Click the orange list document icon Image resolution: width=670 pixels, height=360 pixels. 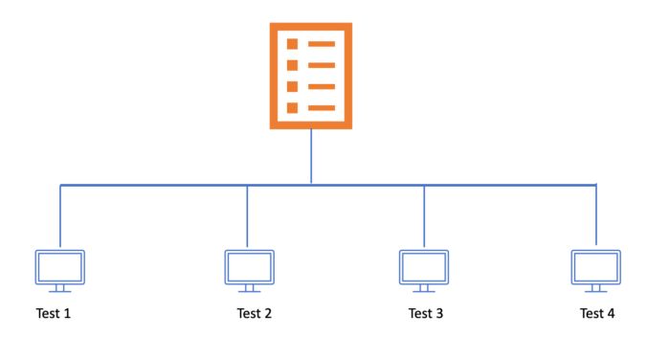[x=310, y=76]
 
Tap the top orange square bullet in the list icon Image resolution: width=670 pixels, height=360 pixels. [x=293, y=44]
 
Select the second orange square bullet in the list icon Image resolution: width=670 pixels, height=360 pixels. [x=293, y=65]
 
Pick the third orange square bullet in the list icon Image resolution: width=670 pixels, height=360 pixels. [x=293, y=86]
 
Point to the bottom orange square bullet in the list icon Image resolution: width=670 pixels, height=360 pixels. [x=293, y=107]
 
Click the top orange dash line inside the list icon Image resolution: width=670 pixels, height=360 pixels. [x=321, y=44]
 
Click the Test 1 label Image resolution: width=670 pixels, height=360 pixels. [x=53, y=313]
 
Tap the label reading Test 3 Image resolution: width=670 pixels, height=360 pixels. [x=426, y=313]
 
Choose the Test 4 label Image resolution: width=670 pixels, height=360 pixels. [x=598, y=313]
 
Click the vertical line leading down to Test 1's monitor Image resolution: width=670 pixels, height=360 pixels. [x=60, y=215]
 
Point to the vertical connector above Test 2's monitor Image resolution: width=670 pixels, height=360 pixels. [x=248, y=215]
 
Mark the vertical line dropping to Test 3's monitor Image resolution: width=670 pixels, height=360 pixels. [x=424, y=215]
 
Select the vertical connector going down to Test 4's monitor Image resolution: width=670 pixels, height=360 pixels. [x=596, y=215]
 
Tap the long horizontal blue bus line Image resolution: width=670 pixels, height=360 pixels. [x=153, y=184]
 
